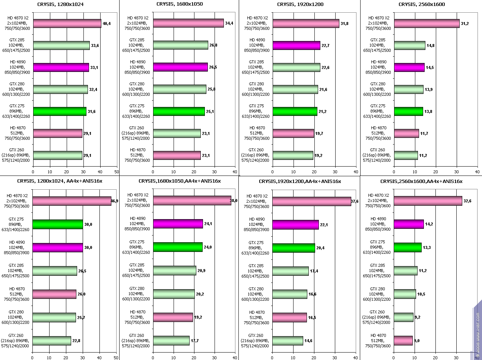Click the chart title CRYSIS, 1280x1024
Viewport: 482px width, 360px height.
[x=60, y=4]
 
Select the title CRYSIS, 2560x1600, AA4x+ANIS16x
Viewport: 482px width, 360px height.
[x=421, y=181]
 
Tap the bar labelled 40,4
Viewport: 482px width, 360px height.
[x=67, y=23]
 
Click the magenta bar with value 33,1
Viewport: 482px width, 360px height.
[x=61, y=67]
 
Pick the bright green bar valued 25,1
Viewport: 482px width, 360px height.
[x=179, y=111]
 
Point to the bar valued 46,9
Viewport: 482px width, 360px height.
[x=72, y=201]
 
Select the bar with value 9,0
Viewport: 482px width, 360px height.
[x=403, y=341]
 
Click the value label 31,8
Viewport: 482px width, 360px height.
[x=345, y=23]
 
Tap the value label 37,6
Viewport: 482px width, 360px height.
[x=356, y=202]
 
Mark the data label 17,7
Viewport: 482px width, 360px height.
[x=195, y=341]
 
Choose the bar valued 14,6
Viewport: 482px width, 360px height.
[x=288, y=341]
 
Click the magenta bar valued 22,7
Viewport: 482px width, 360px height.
[x=296, y=45]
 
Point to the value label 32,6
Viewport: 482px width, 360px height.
[x=467, y=201]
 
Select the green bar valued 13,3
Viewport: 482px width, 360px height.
[x=408, y=247]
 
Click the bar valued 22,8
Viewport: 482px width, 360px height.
[x=51, y=341]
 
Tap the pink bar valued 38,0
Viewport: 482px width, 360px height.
[x=192, y=200]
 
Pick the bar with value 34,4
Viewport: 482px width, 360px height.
[x=188, y=23]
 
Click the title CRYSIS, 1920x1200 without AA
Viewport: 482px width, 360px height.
[x=300, y=4]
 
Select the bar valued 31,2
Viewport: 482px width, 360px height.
[x=426, y=23]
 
